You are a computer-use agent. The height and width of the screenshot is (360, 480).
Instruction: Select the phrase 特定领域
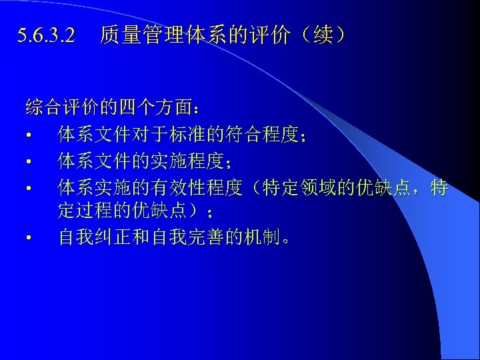point(297,188)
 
